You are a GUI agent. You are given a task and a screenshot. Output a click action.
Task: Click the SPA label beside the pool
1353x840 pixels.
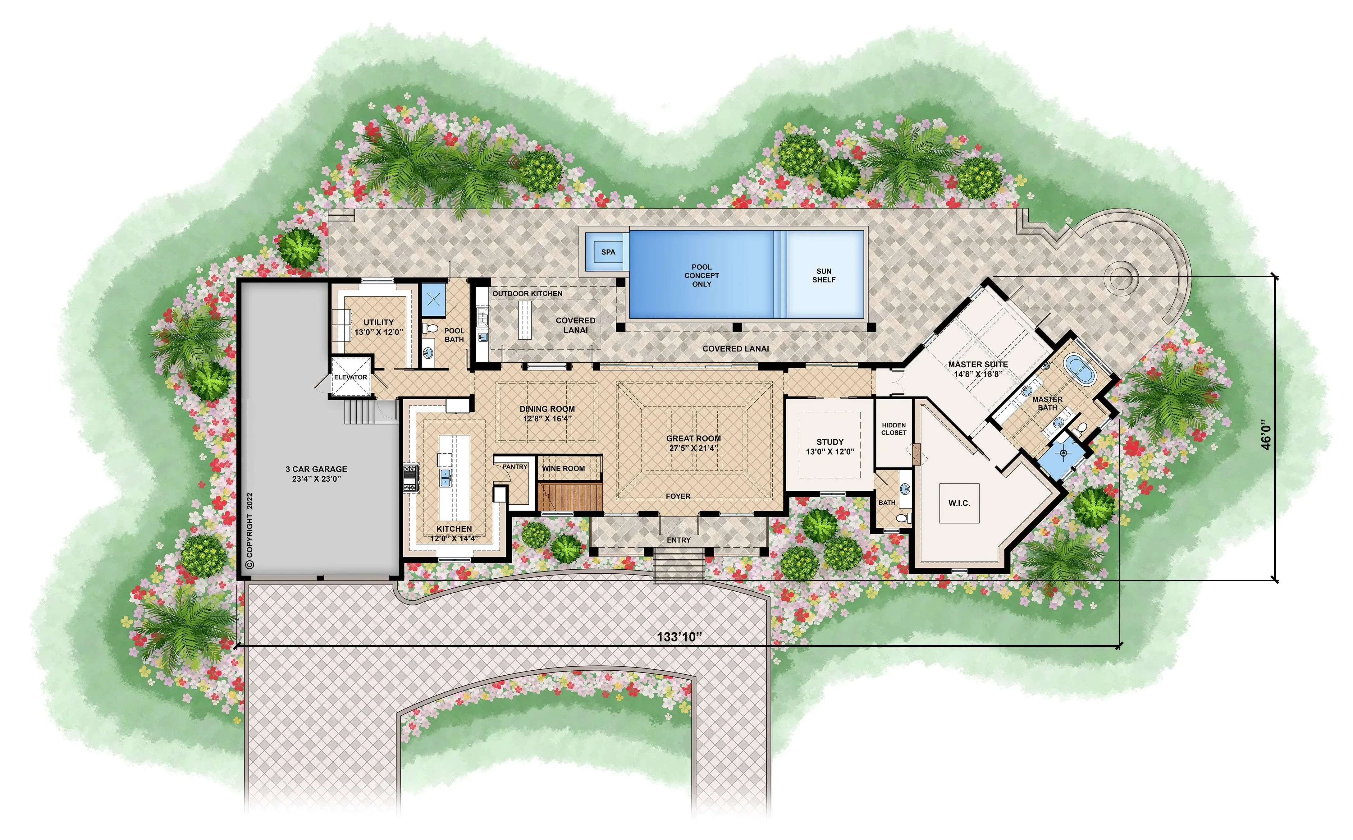pos(608,252)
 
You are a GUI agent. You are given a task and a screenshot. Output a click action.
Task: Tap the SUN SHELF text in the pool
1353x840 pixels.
pos(824,276)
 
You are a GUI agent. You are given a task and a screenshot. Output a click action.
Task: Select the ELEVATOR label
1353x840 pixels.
pos(350,377)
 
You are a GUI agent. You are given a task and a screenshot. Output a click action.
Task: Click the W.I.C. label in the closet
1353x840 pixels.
pos(959,503)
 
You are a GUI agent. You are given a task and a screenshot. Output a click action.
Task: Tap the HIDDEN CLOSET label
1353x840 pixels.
pos(894,429)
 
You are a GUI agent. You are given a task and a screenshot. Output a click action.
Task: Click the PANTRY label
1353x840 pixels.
pos(515,467)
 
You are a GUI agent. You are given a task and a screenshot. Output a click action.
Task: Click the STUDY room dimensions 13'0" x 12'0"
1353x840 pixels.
pos(830,452)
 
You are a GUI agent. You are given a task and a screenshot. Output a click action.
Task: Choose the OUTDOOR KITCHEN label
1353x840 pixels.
pos(527,293)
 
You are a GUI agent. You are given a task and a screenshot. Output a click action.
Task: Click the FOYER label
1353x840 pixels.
pos(678,496)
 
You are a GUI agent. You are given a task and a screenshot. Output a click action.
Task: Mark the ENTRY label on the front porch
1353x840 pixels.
pos(679,540)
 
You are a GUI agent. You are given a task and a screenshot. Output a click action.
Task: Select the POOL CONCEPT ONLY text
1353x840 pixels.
pos(702,276)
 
